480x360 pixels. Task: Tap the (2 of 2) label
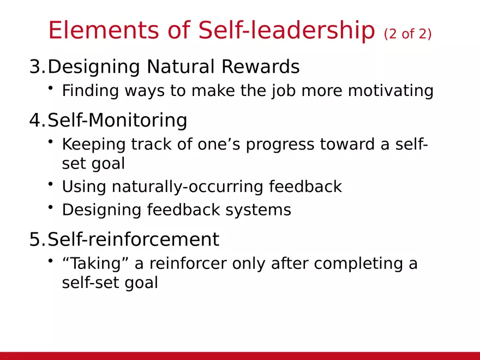[x=407, y=34]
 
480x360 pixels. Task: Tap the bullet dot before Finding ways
[x=50, y=88]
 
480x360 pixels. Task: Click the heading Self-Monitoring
[x=117, y=120]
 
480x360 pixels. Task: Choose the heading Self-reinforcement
[x=133, y=239]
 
